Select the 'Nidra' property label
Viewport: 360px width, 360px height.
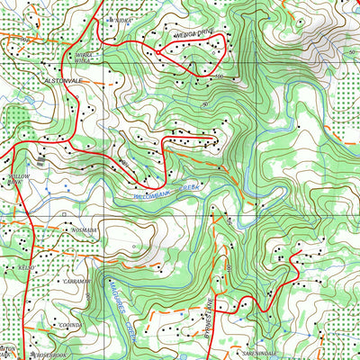(x=122, y=18)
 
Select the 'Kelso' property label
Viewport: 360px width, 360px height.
(x=24, y=267)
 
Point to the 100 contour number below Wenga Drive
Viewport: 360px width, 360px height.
(x=218, y=77)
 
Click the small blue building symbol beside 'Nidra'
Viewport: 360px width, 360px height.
(x=110, y=18)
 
